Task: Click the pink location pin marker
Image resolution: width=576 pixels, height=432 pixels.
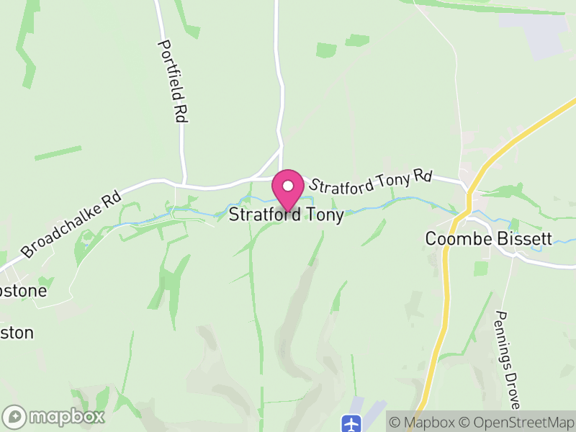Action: [x=288, y=189]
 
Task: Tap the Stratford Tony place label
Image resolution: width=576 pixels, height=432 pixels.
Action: [x=286, y=215]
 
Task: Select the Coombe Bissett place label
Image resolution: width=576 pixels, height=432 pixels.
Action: [x=488, y=238]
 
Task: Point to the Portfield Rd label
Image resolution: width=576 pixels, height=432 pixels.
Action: [x=173, y=81]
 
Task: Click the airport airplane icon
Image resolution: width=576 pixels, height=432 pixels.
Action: [x=351, y=423]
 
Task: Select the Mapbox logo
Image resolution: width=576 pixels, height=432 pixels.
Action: [x=54, y=416]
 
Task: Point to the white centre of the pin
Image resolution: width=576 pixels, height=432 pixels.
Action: [x=288, y=185]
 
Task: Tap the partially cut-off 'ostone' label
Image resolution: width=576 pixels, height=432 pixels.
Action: [x=23, y=291]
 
